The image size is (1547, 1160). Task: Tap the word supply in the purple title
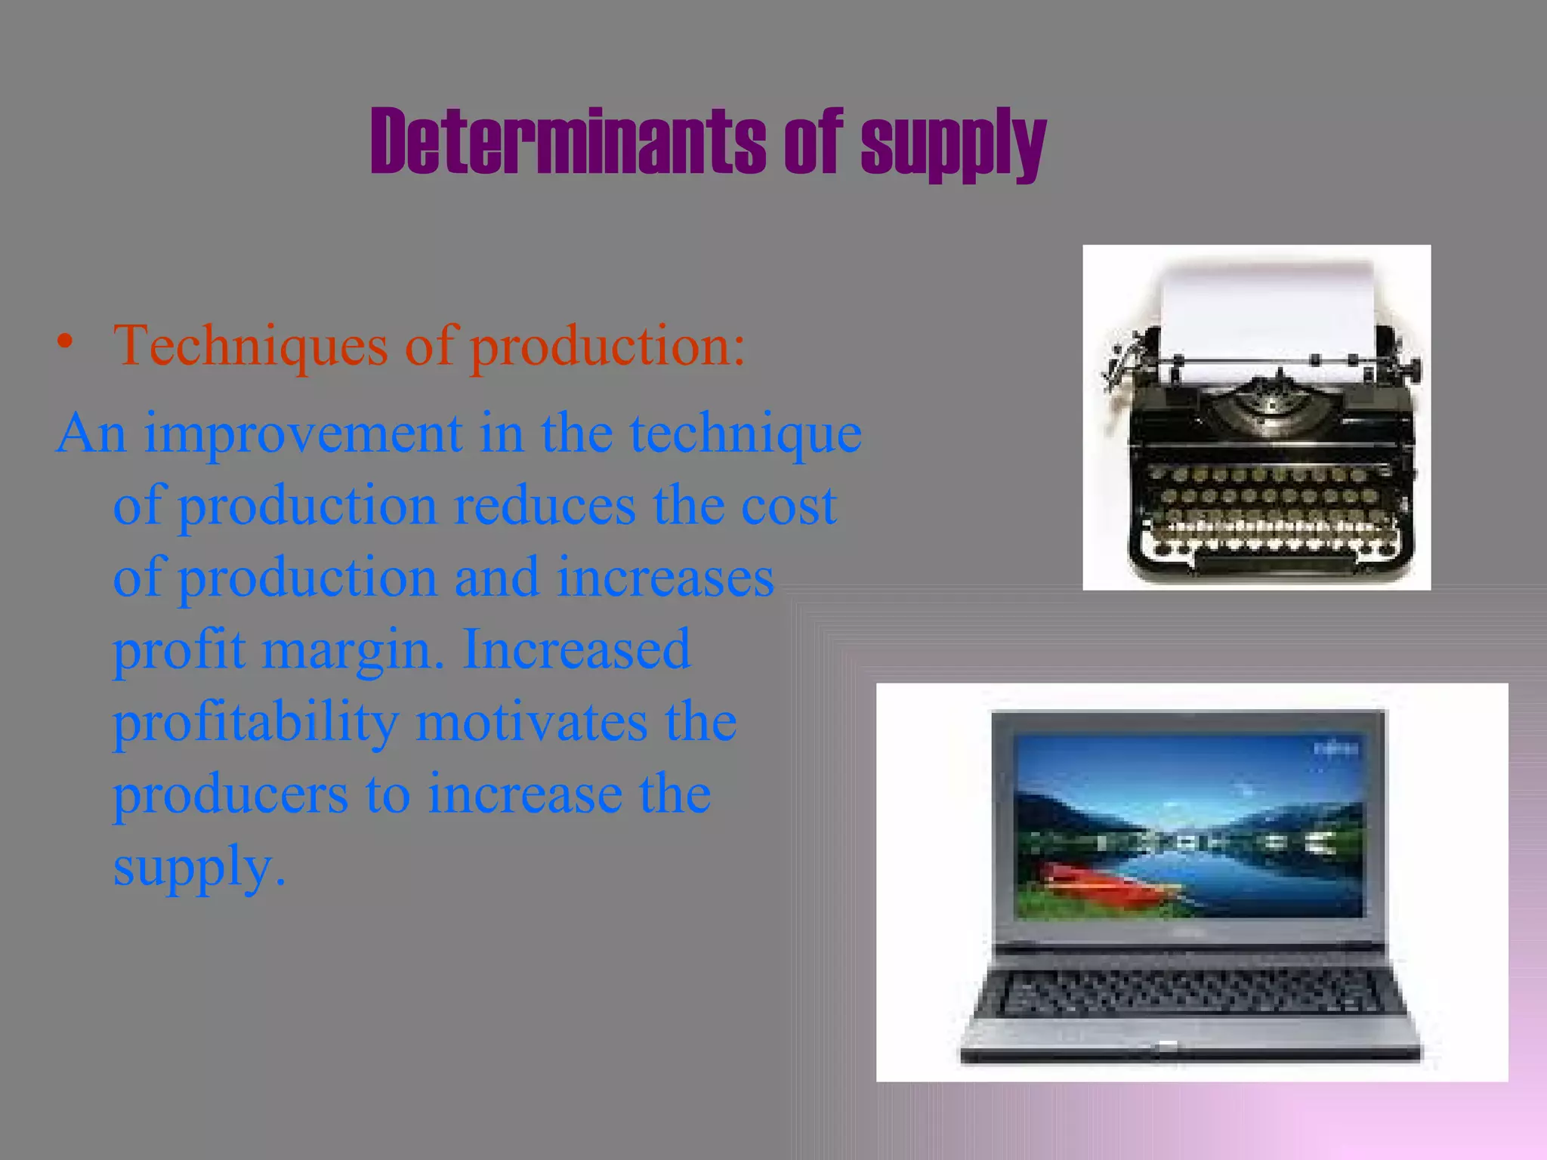pos(953,143)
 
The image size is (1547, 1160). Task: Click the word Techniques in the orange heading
pos(250,345)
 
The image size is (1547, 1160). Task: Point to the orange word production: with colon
pos(608,347)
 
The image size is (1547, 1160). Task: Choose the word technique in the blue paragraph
pos(746,433)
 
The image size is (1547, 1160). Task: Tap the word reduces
pos(544,505)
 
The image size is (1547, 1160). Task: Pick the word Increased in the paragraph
pos(576,649)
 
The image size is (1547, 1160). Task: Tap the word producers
pos(230,794)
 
